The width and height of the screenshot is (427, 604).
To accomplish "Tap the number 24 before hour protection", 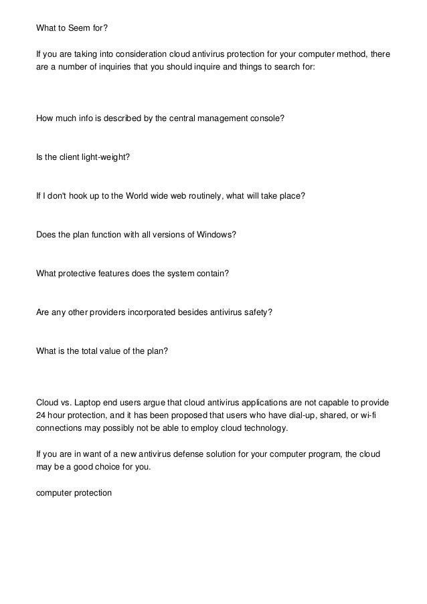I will [x=40, y=415].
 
